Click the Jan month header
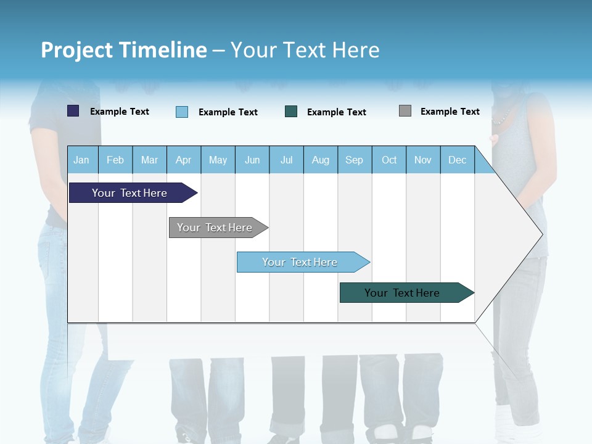tap(82, 160)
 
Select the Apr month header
tap(183, 160)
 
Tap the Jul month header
tap(286, 160)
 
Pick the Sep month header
tap(354, 160)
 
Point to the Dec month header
tap(457, 160)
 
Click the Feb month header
tap(115, 160)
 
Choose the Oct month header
tap(389, 160)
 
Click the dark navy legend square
tap(73, 111)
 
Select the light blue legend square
tap(182, 112)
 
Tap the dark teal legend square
tap(291, 112)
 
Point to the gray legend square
tap(405, 111)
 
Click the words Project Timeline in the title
tap(123, 50)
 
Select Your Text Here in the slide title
tap(305, 50)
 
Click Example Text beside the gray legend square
tap(450, 112)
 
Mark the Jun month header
tap(252, 160)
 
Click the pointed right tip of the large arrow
tap(541, 234)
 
